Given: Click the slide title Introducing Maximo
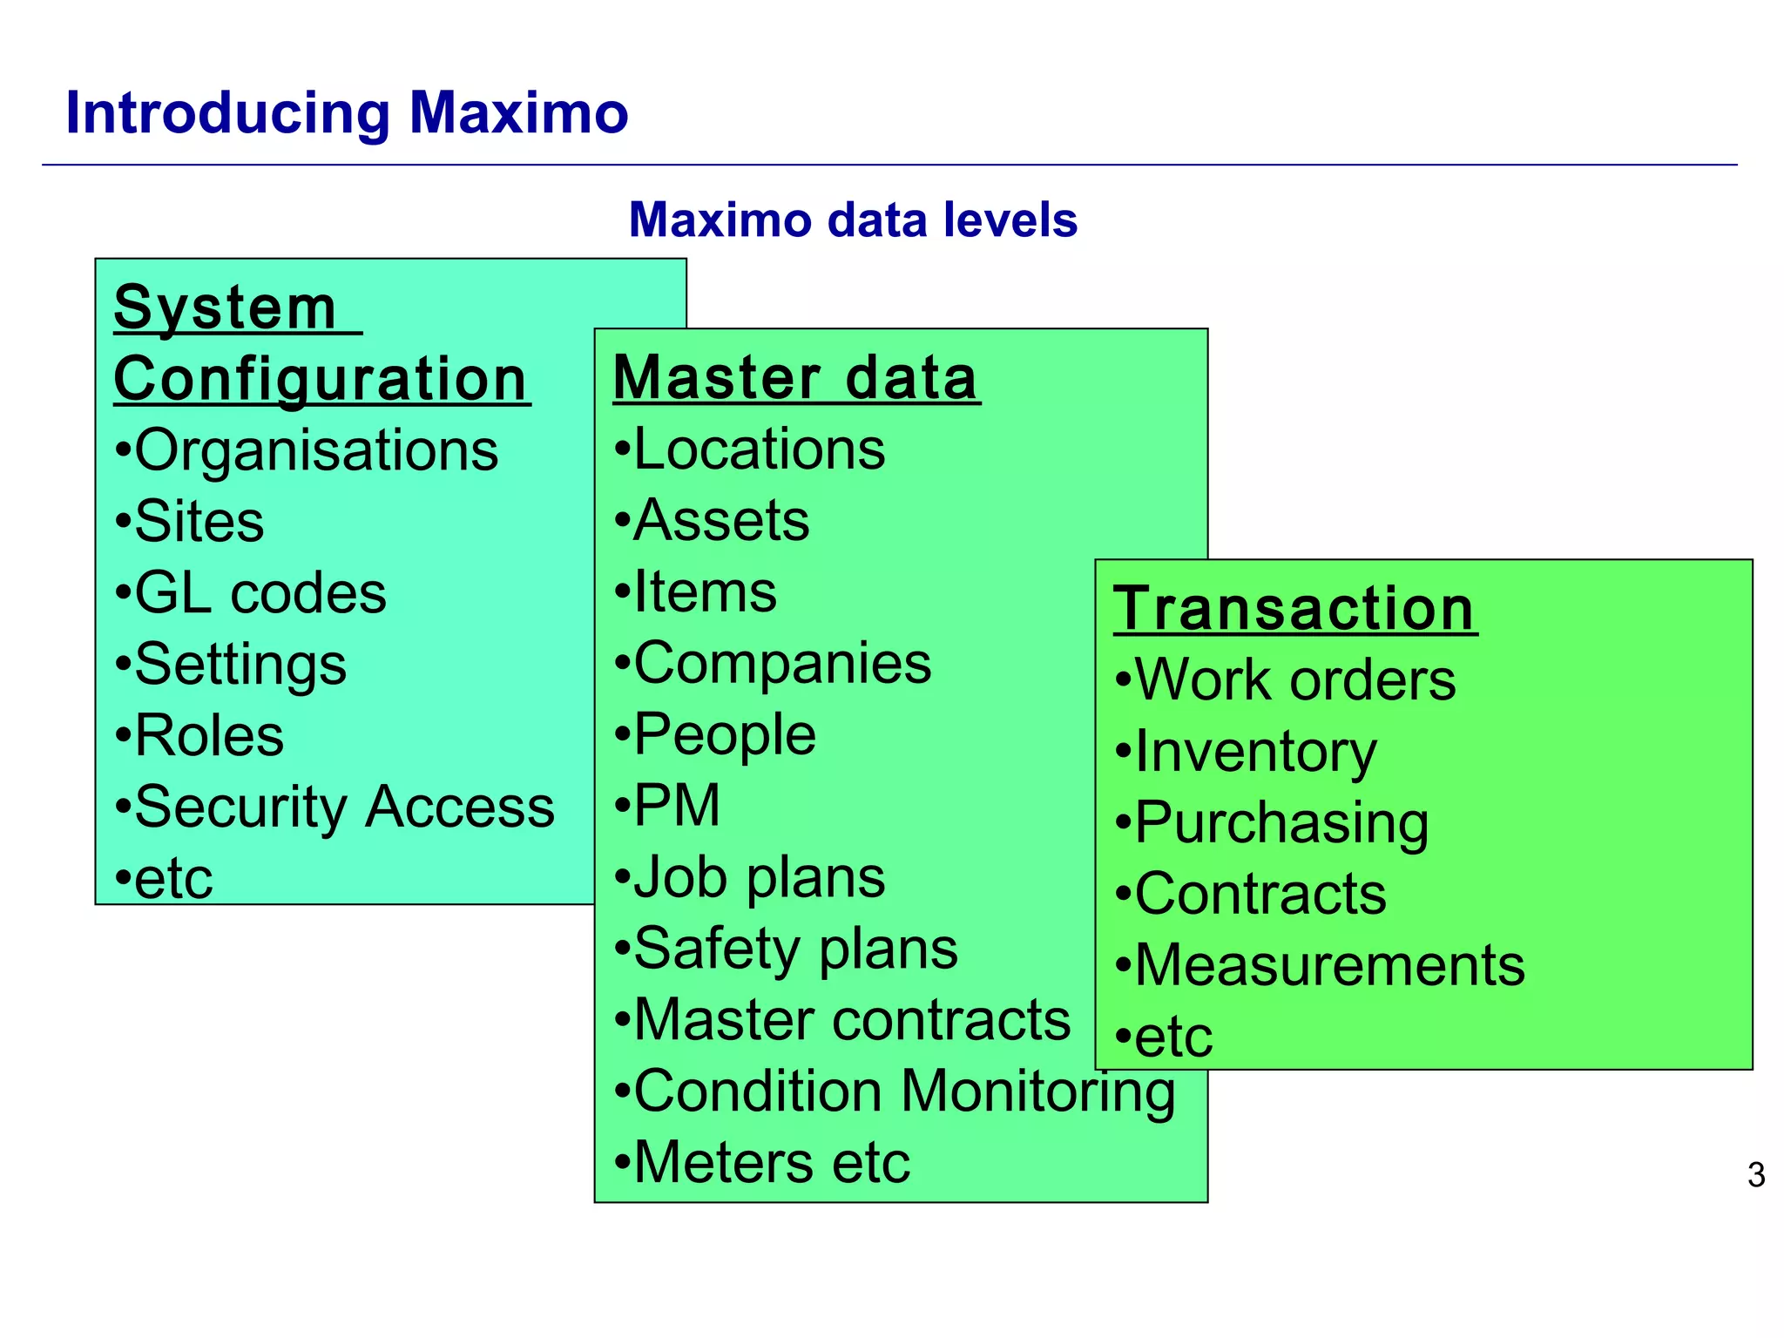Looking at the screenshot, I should [x=347, y=113].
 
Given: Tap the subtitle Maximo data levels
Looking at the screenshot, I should [x=853, y=220].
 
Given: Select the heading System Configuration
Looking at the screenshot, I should [x=321, y=344].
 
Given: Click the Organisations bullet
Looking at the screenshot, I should [x=307, y=450].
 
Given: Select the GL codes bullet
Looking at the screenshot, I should [x=251, y=593].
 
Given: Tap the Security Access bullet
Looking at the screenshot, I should [x=334, y=807].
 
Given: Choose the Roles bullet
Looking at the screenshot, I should [x=199, y=735].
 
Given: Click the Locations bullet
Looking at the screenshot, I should [x=749, y=449].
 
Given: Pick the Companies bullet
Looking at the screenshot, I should [x=773, y=663].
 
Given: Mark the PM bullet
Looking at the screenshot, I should [x=667, y=805].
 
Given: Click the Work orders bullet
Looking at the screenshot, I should [x=1285, y=679].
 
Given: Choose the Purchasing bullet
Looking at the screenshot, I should [x=1272, y=822].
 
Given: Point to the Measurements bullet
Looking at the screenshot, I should [x=1320, y=965].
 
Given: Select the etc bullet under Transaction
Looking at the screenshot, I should [x=1164, y=1037].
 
